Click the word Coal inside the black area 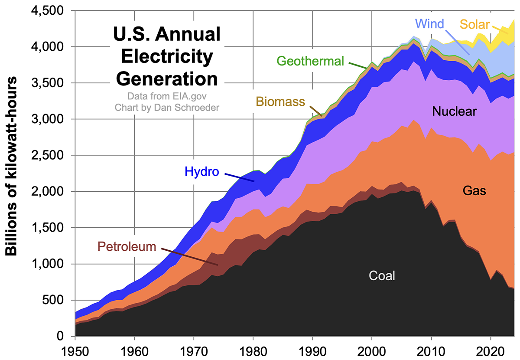click(x=382, y=275)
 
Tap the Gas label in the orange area click(x=475, y=190)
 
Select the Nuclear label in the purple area click(x=454, y=112)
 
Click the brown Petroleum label click(x=127, y=247)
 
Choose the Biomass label click(x=280, y=101)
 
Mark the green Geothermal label click(x=310, y=61)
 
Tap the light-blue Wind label click(x=429, y=23)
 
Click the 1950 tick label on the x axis click(x=75, y=350)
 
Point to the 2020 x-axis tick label click(x=490, y=350)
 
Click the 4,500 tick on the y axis click(x=49, y=10)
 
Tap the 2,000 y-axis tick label click(x=49, y=191)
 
